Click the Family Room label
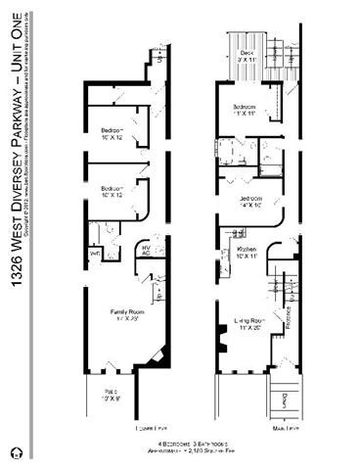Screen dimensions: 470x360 coord(126,315)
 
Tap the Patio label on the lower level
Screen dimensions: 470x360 coord(114,396)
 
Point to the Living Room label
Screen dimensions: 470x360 coord(250,323)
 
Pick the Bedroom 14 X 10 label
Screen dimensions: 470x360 coord(247,203)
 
